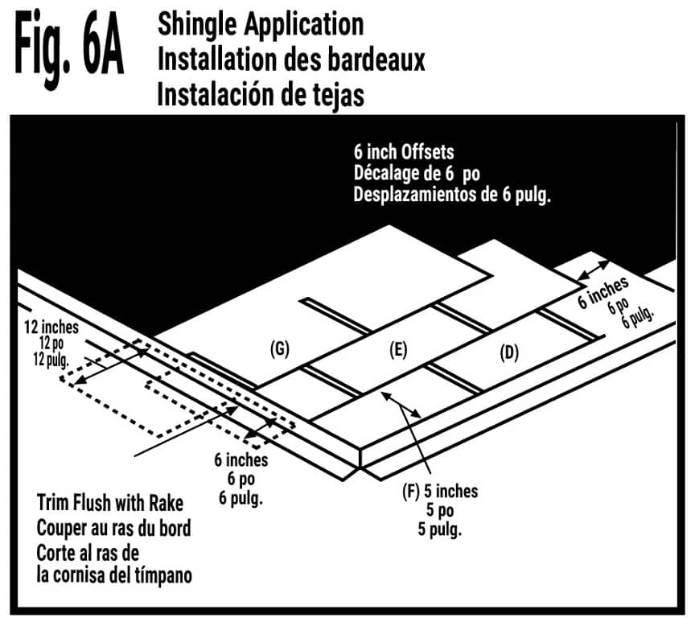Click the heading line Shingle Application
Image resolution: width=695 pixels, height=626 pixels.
tap(261, 24)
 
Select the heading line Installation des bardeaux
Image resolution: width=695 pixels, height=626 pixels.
tap(291, 59)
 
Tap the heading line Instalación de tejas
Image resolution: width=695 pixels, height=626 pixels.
tap(261, 94)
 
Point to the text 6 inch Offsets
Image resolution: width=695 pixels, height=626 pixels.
tap(401, 150)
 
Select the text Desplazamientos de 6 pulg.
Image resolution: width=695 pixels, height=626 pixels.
tap(452, 196)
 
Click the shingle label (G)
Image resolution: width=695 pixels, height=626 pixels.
tap(279, 348)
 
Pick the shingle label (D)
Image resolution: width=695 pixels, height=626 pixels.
tap(508, 352)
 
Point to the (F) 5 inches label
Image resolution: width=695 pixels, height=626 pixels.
tap(439, 491)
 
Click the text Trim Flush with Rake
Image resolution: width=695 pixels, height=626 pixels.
tap(110, 505)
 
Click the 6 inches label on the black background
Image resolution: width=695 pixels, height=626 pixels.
tap(606, 292)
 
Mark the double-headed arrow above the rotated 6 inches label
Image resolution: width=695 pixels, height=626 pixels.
tap(595, 270)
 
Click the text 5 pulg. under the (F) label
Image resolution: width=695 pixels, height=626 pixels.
tap(439, 529)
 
